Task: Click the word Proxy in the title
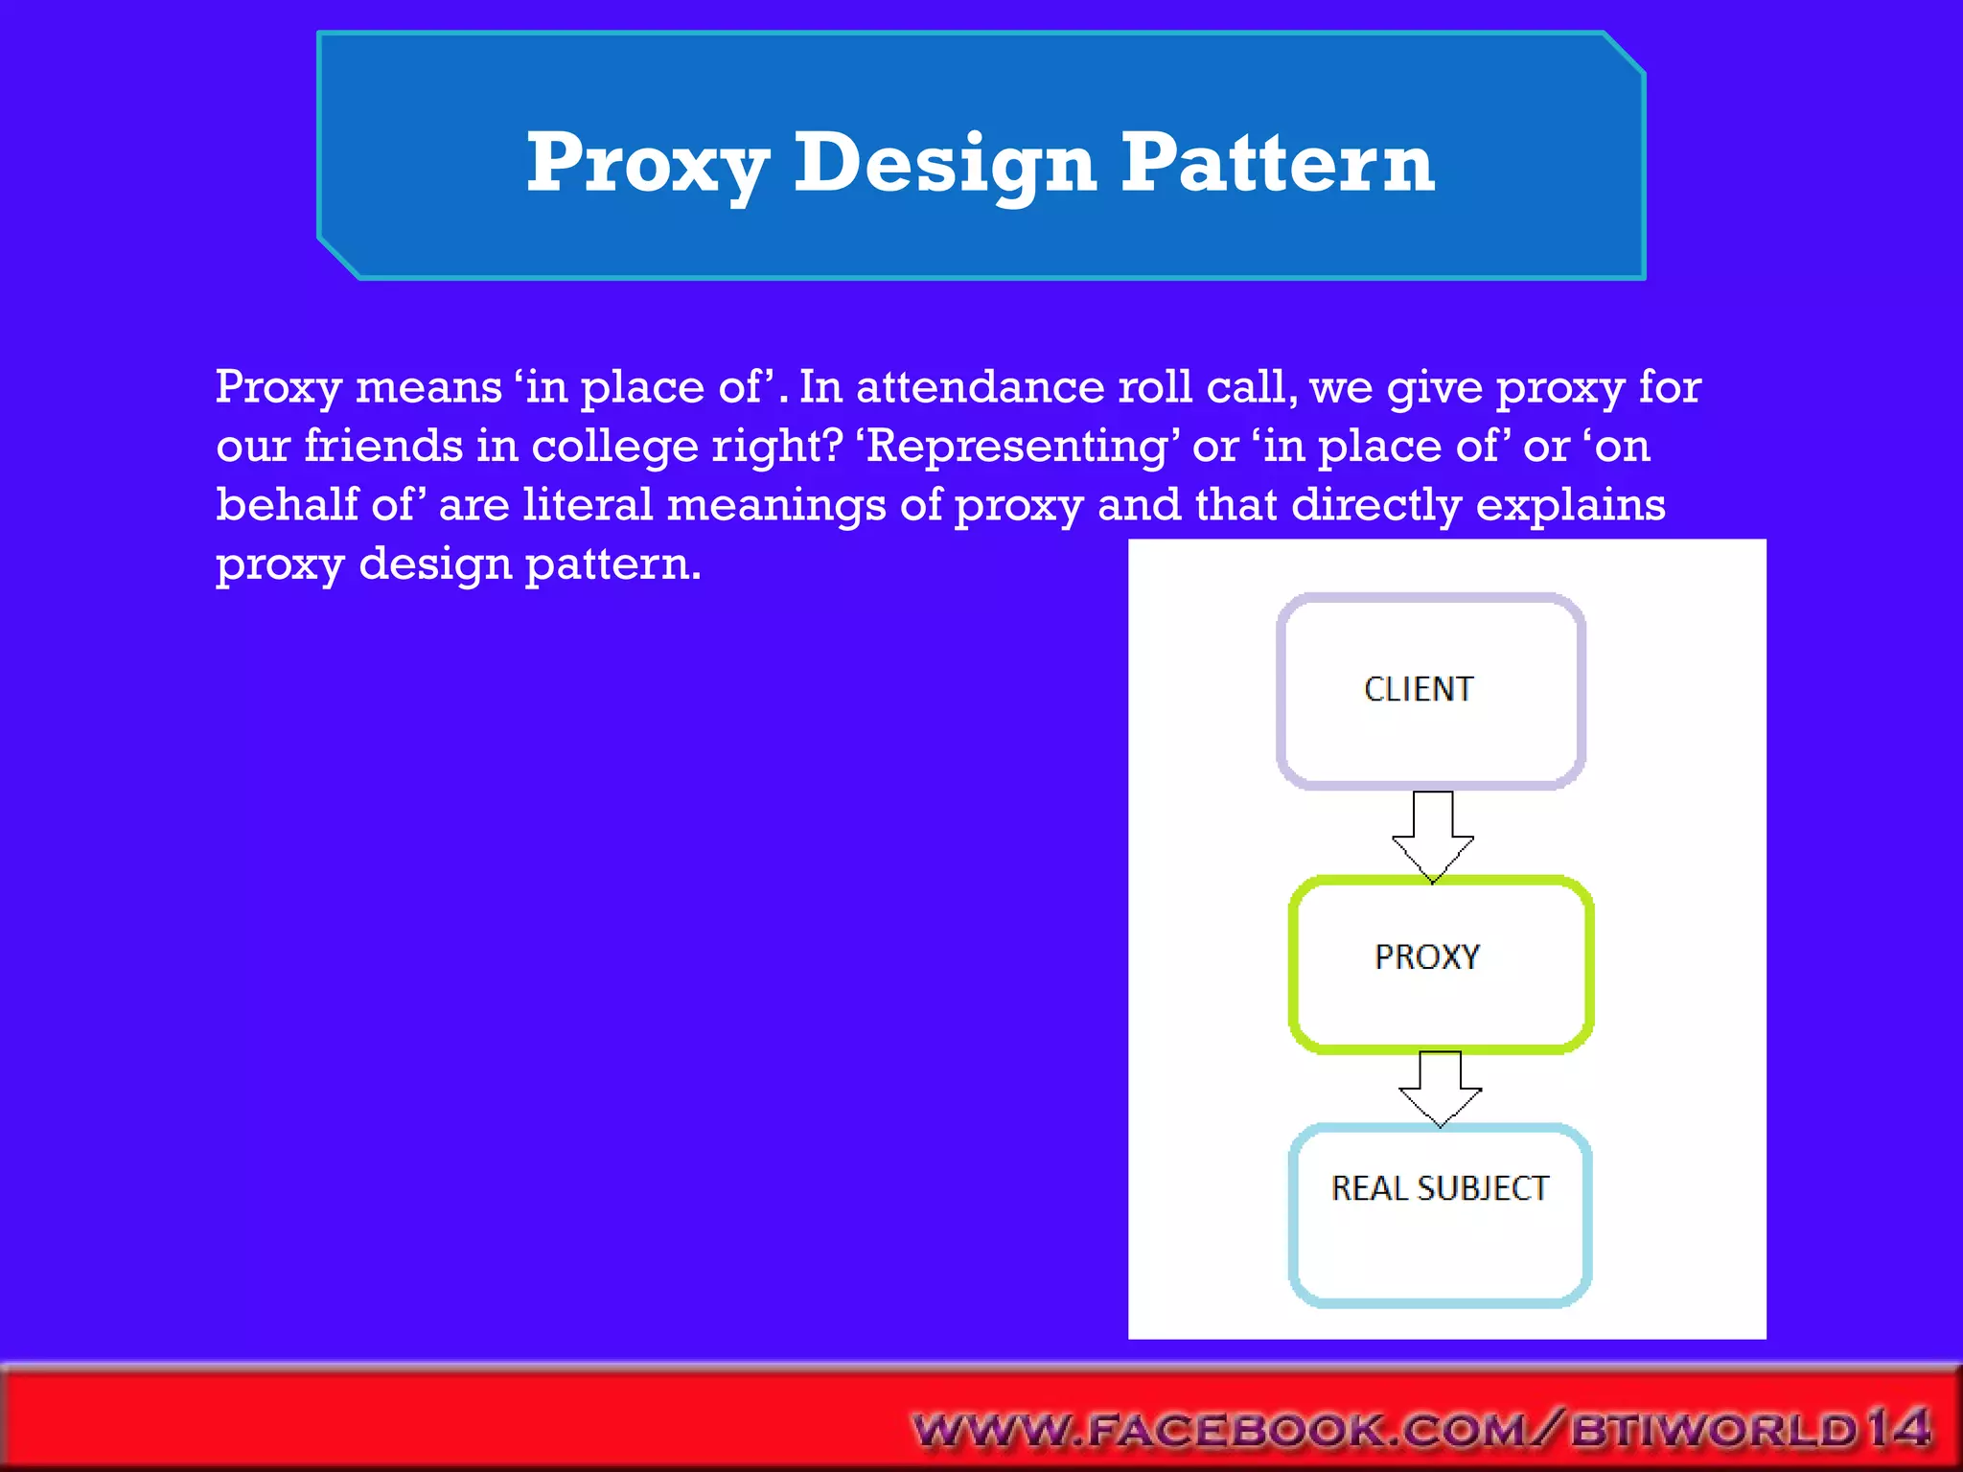coord(647,163)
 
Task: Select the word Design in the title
coord(945,163)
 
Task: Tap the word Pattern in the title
coord(1278,163)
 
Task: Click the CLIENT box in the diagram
coord(1430,691)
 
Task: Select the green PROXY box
coord(1441,963)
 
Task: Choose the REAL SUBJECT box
coord(1440,1215)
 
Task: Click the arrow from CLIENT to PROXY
coord(1433,835)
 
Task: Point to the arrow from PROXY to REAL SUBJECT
coord(1440,1089)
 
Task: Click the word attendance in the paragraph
coord(980,387)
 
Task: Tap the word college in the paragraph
coord(614,447)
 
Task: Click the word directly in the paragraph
coord(1375,505)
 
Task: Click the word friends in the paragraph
coord(383,447)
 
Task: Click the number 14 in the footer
coord(1898,1428)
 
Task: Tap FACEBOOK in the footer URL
coord(1236,1431)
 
